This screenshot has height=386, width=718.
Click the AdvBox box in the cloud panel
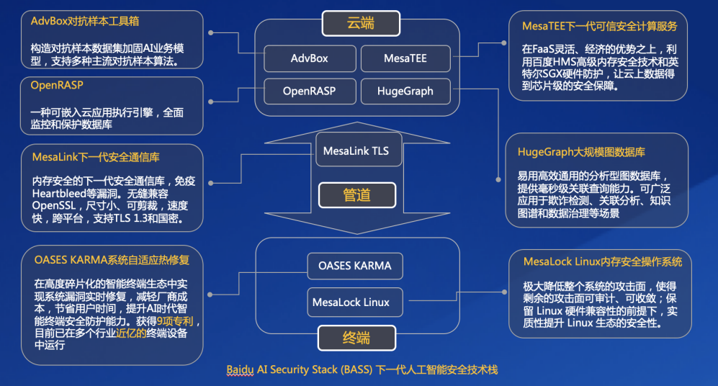(309, 58)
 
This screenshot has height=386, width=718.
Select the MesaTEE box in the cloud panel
(405, 58)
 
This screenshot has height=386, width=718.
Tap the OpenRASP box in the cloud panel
(309, 91)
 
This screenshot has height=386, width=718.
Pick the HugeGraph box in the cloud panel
(405, 91)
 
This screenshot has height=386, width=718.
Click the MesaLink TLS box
(356, 151)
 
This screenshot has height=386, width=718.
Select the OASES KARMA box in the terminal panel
(354, 265)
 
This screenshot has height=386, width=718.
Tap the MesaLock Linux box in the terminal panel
(351, 302)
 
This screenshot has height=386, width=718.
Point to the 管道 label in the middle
(358, 194)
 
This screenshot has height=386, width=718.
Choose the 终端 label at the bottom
(358, 337)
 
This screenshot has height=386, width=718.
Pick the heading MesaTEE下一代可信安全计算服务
(600, 26)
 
